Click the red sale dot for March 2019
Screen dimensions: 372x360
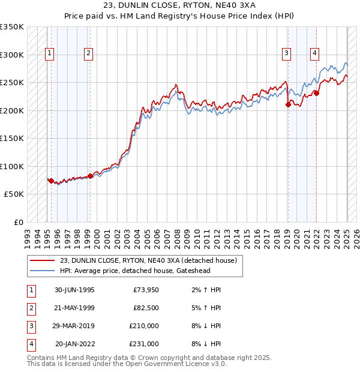click(x=288, y=105)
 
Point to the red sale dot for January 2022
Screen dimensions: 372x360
click(x=316, y=93)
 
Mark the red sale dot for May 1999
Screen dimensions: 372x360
click(x=90, y=176)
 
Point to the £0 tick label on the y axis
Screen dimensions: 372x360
click(x=18, y=222)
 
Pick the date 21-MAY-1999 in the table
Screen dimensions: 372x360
click(x=74, y=308)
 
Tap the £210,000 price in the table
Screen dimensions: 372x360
click(x=143, y=326)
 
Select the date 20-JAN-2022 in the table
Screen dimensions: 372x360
click(x=75, y=344)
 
